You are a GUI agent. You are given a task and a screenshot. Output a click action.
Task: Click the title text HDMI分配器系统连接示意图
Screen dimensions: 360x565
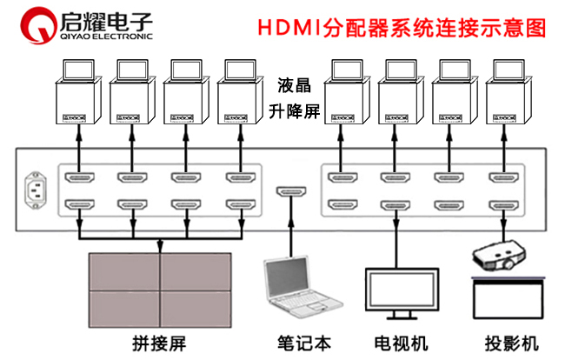pyautogui.click(x=402, y=27)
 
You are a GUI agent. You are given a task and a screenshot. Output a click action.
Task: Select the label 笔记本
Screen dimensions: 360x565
pyautogui.click(x=304, y=342)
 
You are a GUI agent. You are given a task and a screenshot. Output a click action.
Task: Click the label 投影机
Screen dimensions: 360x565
pyautogui.click(x=508, y=342)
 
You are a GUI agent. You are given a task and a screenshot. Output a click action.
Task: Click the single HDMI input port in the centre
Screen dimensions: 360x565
pyautogui.click(x=289, y=191)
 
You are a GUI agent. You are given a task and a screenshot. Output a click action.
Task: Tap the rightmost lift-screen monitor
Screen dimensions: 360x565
pyautogui.click(x=507, y=95)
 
